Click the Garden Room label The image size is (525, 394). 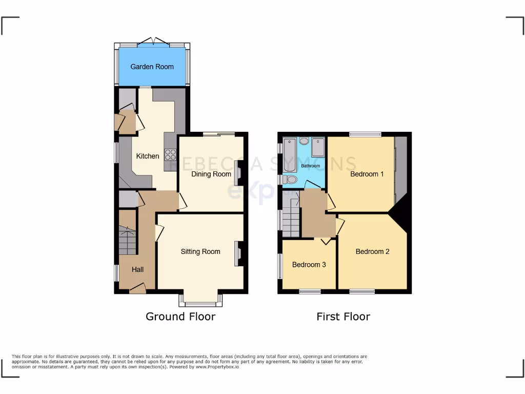tap(152, 67)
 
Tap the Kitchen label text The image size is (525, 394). tap(148, 156)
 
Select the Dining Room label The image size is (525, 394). tap(211, 174)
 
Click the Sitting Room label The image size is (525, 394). tap(200, 251)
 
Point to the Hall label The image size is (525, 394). tap(138, 269)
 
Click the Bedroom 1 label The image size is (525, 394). tap(367, 174)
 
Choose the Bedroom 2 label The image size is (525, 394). tap(372, 251)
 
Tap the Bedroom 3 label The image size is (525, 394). tap(309, 265)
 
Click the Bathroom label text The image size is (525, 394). tap(311, 166)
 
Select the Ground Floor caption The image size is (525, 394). tap(180, 316)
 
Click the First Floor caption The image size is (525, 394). tap(343, 316)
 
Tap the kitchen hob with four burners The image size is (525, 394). tap(170, 154)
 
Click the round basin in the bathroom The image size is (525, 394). tap(304, 141)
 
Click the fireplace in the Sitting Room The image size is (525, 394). tap(239, 253)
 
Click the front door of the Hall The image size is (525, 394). tap(137, 290)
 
